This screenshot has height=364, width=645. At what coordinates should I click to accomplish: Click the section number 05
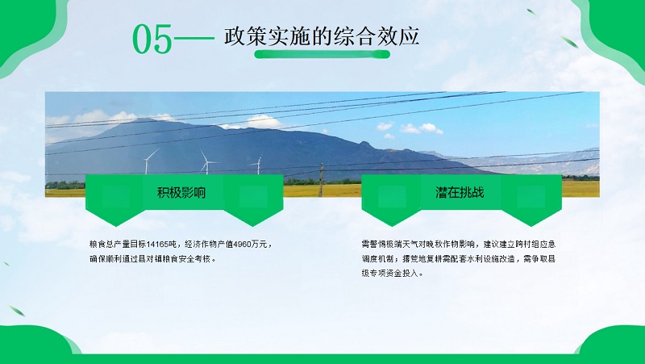tap(152, 39)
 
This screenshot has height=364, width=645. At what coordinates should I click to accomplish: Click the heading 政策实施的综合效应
tap(321, 36)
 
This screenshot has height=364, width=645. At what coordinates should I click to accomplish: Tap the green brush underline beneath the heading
tap(322, 54)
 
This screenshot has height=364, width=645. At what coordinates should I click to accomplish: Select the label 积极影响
tap(181, 193)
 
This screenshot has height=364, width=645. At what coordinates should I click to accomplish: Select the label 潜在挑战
tap(460, 192)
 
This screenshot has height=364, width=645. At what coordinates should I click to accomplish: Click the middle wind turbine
tap(206, 162)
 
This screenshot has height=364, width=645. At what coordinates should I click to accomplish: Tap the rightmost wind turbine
tap(257, 164)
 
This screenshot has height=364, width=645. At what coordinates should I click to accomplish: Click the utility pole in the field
tap(321, 180)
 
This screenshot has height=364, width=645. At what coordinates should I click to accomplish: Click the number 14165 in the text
tap(157, 245)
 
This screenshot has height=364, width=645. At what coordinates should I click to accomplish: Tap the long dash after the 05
tap(194, 39)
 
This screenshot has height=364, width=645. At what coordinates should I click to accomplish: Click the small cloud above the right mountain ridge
tap(421, 128)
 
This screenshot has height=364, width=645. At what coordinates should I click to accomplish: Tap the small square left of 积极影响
tap(115, 196)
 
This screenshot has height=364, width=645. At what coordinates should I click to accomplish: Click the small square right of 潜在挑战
tap(531, 196)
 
